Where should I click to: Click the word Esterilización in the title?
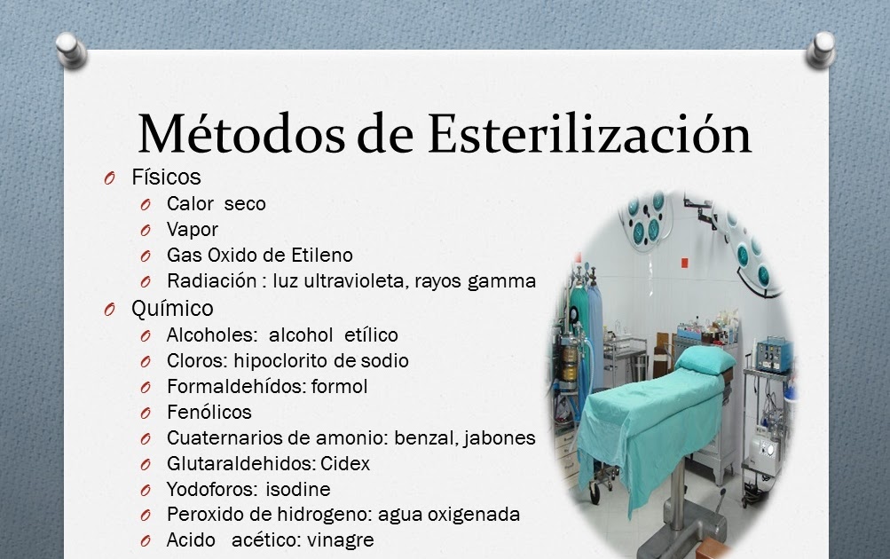point(590,134)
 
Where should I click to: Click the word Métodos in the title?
point(241,134)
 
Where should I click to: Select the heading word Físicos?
point(166,177)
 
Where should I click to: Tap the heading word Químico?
point(172,309)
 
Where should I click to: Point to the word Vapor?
point(193,230)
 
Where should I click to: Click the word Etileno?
point(322,256)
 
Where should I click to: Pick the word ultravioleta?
point(354,281)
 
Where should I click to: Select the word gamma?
point(501,282)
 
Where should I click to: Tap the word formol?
point(340,387)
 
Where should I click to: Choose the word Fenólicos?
point(209,412)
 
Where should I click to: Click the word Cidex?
point(345,464)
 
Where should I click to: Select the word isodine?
point(298,489)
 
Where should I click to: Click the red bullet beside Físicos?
point(109,178)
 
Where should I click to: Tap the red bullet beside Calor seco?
point(146,204)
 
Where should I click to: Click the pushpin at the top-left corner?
point(71,50)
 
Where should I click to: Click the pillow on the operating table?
point(702,360)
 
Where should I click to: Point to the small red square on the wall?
point(684,263)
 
